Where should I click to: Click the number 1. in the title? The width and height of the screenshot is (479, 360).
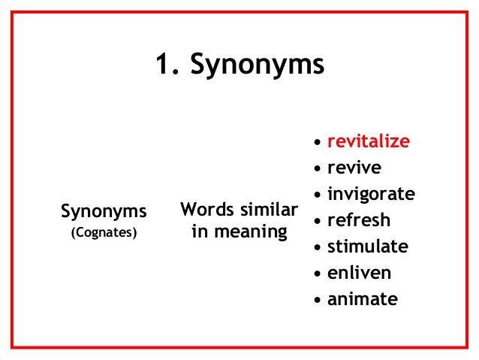pyautogui.click(x=168, y=66)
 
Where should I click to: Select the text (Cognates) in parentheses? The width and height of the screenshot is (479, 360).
pyautogui.click(x=104, y=232)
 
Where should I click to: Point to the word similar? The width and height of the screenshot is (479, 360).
pyautogui.click(x=267, y=207)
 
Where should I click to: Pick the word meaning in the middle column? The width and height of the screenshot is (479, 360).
pyautogui.click(x=250, y=231)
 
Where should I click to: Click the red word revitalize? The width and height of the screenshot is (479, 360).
pyautogui.click(x=369, y=141)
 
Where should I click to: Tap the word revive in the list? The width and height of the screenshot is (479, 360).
pyautogui.click(x=354, y=168)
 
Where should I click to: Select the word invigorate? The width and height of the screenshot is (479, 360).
pyautogui.click(x=371, y=194)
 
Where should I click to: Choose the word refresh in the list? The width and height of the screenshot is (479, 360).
pyautogui.click(x=359, y=220)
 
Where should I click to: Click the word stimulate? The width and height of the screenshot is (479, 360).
pyautogui.click(x=368, y=247)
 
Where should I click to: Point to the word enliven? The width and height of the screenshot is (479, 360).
pyautogui.click(x=359, y=273)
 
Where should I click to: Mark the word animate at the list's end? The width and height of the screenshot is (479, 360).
pyautogui.click(x=363, y=299)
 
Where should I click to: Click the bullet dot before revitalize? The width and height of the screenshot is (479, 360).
pyautogui.click(x=318, y=143)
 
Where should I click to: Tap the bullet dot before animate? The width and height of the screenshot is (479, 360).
pyautogui.click(x=318, y=301)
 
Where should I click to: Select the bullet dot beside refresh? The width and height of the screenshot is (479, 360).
pyautogui.click(x=318, y=222)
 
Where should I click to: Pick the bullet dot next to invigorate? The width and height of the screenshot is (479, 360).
pyautogui.click(x=318, y=195)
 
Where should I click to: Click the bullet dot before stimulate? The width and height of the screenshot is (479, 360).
pyautogui.click(x=318, y=248)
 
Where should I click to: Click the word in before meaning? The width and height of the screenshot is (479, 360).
pyautogui.click(x=200, y=231)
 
